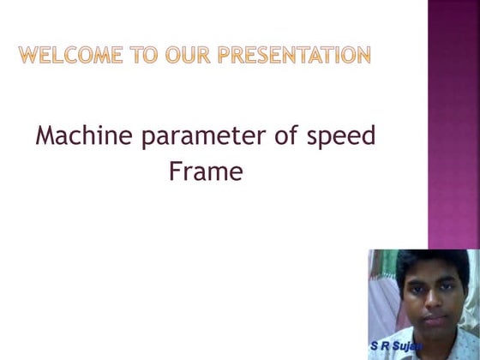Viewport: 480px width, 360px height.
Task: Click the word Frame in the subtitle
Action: [206, 172]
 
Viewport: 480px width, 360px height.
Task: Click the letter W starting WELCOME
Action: [28, 56]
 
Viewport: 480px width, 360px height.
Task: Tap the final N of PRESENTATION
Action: [363, 56]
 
